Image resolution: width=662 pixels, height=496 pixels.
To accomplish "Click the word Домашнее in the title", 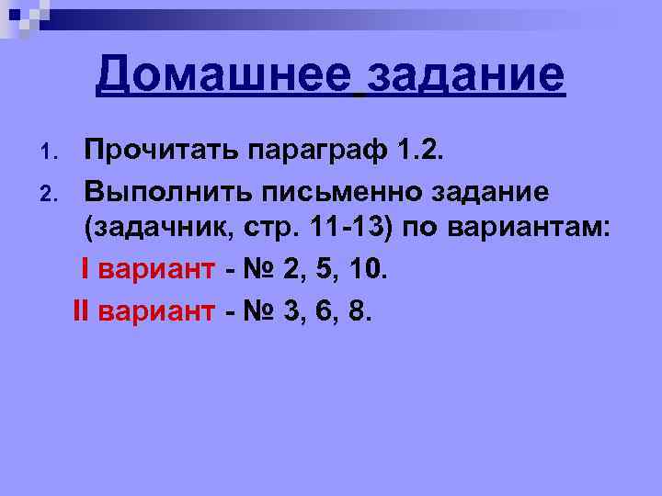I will pyautogui.click(x=224, y=74).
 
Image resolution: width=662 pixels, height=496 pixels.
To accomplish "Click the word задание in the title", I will pyautogui.click(x=464, y=74).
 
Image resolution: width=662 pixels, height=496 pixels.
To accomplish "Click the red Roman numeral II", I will pyautogui.click(x=80, y=311).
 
